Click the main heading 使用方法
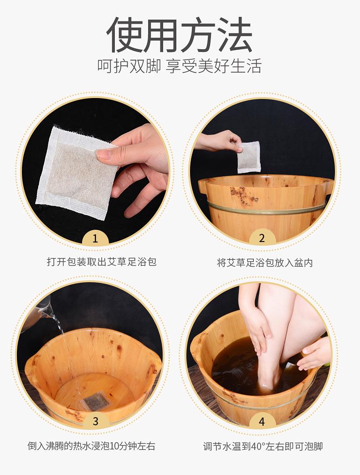[x=180, y=35]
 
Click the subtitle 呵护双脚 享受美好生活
[x=180, y=66]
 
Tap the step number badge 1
[x=95, y=238]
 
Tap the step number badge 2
[x=262, y=238]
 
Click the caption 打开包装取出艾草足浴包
[x=102, y=262]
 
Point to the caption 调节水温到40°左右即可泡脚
[x=263, y=446]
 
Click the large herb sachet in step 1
[x=73, y=173]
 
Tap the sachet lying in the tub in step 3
[x=95, y=401]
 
